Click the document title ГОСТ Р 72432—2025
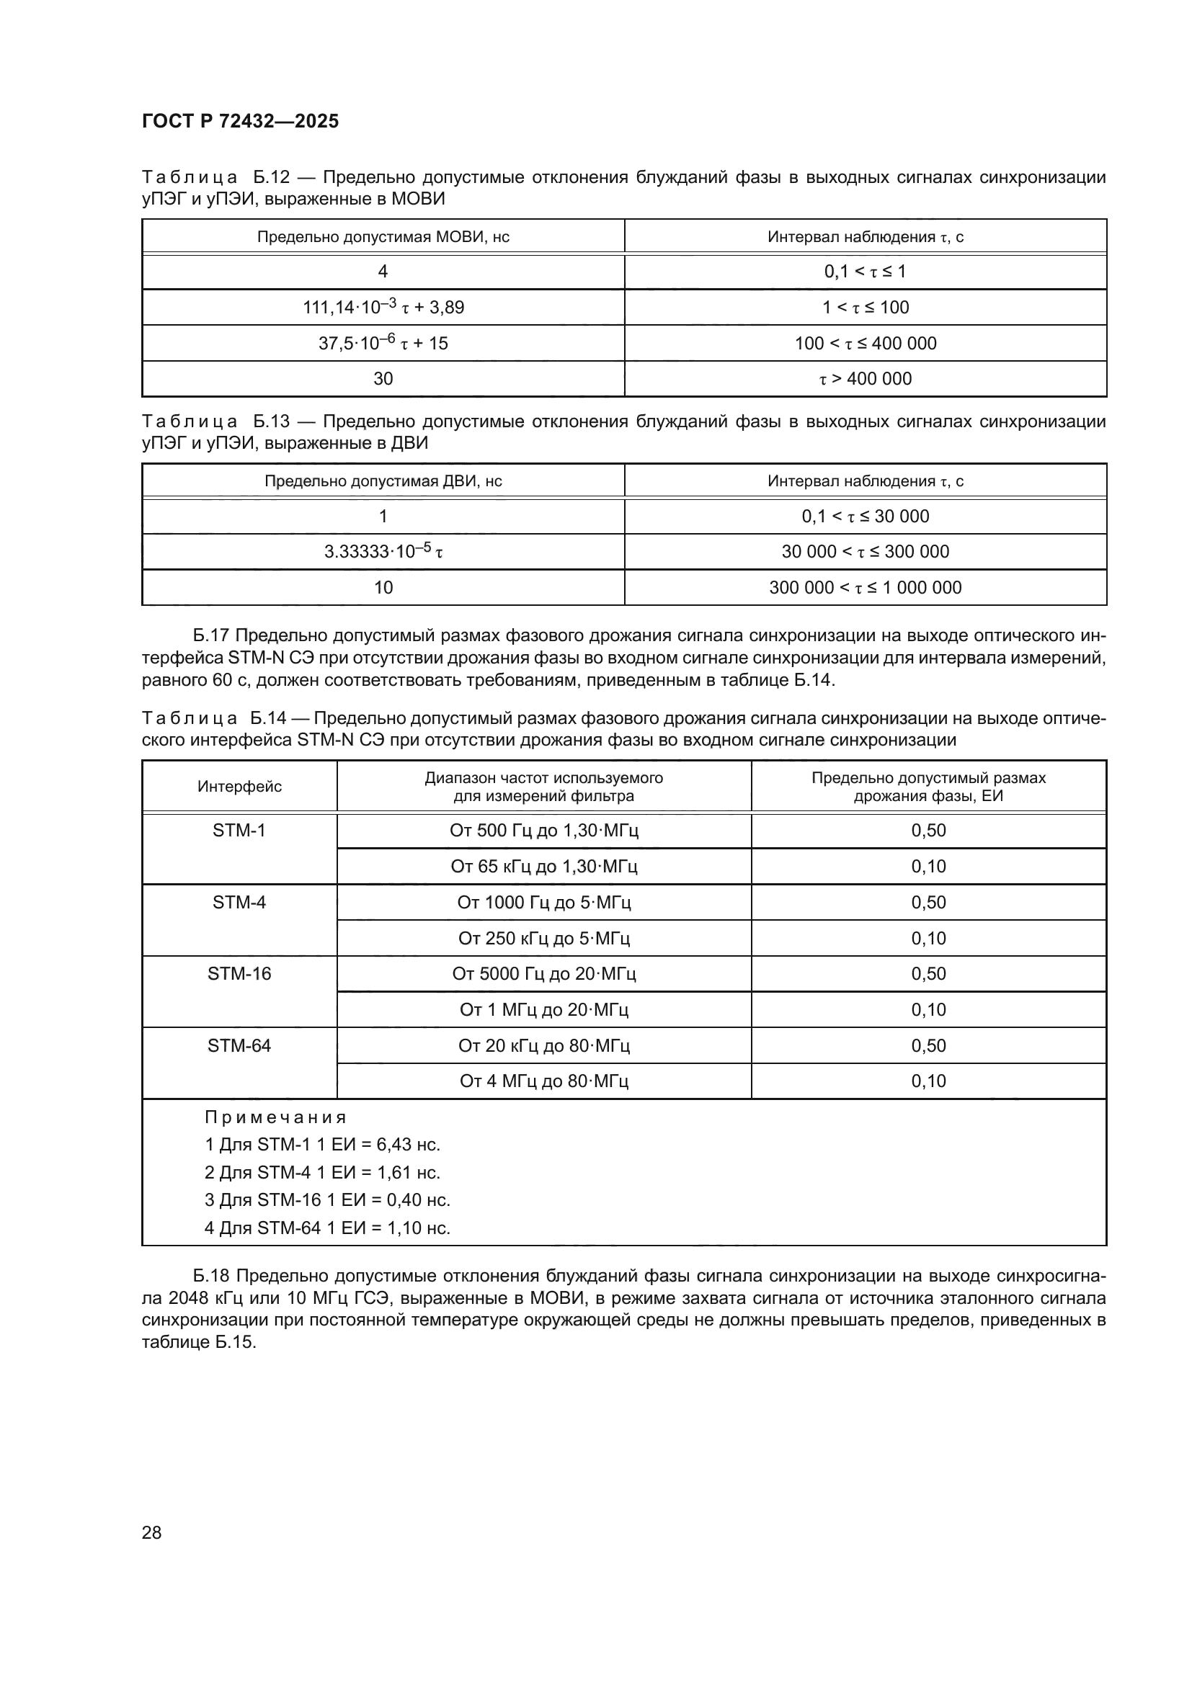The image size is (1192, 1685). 240,121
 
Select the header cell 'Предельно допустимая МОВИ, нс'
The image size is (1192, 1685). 383,237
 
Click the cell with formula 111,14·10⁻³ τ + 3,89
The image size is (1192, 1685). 383,308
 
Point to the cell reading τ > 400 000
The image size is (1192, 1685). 865,379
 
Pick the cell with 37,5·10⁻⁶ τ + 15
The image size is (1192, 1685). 383,344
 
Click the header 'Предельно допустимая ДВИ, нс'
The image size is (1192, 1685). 383,481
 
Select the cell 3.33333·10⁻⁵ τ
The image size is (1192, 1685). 383,552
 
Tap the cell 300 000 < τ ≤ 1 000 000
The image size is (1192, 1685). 865,588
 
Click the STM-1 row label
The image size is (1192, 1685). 239,831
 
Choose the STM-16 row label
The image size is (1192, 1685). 239,974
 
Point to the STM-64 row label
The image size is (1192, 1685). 239,1046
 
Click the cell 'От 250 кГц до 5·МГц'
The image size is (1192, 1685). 544,939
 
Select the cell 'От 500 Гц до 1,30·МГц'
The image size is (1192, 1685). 544,831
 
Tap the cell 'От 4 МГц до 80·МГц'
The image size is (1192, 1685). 544,1081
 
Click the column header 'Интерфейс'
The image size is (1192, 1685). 239,787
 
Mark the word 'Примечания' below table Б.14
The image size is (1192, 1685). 275,1118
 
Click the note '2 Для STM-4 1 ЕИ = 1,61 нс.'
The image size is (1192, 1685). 322,1173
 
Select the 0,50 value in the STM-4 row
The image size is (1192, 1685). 928,903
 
